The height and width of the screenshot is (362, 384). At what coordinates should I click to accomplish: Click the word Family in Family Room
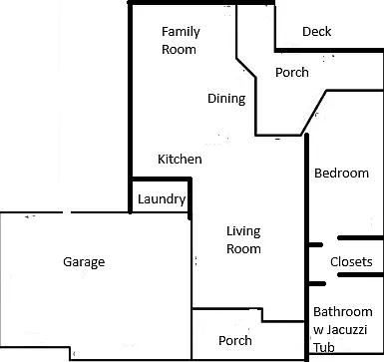181,32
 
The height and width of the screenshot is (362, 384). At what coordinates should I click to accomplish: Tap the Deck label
317,32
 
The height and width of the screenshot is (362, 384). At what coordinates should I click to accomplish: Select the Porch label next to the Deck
292,72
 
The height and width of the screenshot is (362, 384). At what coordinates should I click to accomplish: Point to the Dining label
226,99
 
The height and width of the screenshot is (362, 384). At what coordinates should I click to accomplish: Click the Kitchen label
180,159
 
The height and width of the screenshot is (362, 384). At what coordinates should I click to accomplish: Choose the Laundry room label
162,199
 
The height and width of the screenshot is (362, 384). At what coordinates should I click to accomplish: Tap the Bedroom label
341,173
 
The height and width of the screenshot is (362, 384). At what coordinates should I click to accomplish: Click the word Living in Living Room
243,231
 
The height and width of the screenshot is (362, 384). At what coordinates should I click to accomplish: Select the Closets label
351,262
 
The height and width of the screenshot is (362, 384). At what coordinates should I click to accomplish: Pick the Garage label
84,262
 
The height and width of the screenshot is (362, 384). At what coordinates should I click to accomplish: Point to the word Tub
324,347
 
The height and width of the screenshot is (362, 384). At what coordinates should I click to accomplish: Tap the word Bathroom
343,312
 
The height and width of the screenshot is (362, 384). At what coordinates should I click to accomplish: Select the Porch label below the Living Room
235,340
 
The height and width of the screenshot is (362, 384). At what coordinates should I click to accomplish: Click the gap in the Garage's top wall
67,212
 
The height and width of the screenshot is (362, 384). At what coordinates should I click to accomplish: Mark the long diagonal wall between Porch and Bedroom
314,113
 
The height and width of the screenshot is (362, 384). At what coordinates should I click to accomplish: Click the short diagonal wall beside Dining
246,68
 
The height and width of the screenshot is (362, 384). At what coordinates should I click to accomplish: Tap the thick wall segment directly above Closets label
360,238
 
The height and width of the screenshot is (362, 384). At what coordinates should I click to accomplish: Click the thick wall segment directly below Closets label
360,275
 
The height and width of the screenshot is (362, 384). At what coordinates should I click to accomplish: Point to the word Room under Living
243,249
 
